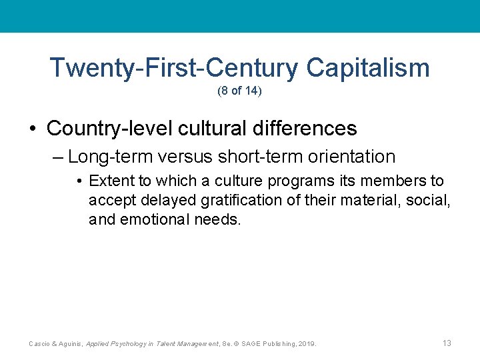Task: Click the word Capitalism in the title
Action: (368, 68)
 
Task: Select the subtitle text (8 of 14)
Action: (240, 91)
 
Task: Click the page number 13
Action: (447, 343)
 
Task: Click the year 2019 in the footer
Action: (307, 344)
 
